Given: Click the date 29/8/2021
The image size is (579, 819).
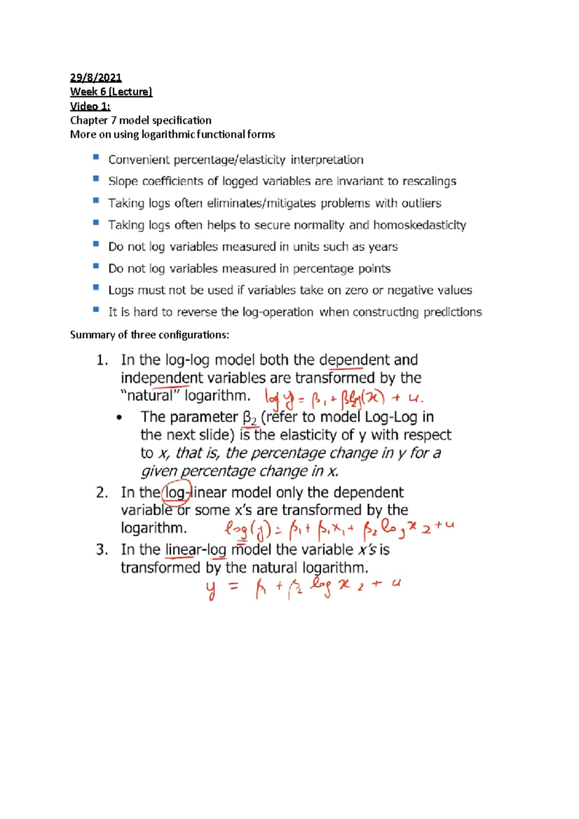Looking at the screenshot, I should click(96, 78).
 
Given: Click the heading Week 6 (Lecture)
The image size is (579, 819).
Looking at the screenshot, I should click(111, 92).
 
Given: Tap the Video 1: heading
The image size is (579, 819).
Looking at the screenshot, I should click(90, 106).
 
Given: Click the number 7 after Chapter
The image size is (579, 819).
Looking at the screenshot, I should click(113, 120).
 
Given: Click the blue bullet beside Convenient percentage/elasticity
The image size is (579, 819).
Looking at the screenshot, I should click(96, 157).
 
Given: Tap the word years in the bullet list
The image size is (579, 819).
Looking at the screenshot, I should click(383, 247).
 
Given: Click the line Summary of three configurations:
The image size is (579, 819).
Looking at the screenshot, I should click(150, 335).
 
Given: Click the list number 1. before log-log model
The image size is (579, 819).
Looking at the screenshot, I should click(102, 360).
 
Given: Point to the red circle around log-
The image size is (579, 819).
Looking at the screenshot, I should click(177, 492).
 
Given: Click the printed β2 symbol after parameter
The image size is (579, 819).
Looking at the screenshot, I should click(249, 418).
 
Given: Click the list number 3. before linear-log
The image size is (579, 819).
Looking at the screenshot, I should click(102, 550).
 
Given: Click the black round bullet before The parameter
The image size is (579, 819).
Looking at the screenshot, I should click(120, 418).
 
